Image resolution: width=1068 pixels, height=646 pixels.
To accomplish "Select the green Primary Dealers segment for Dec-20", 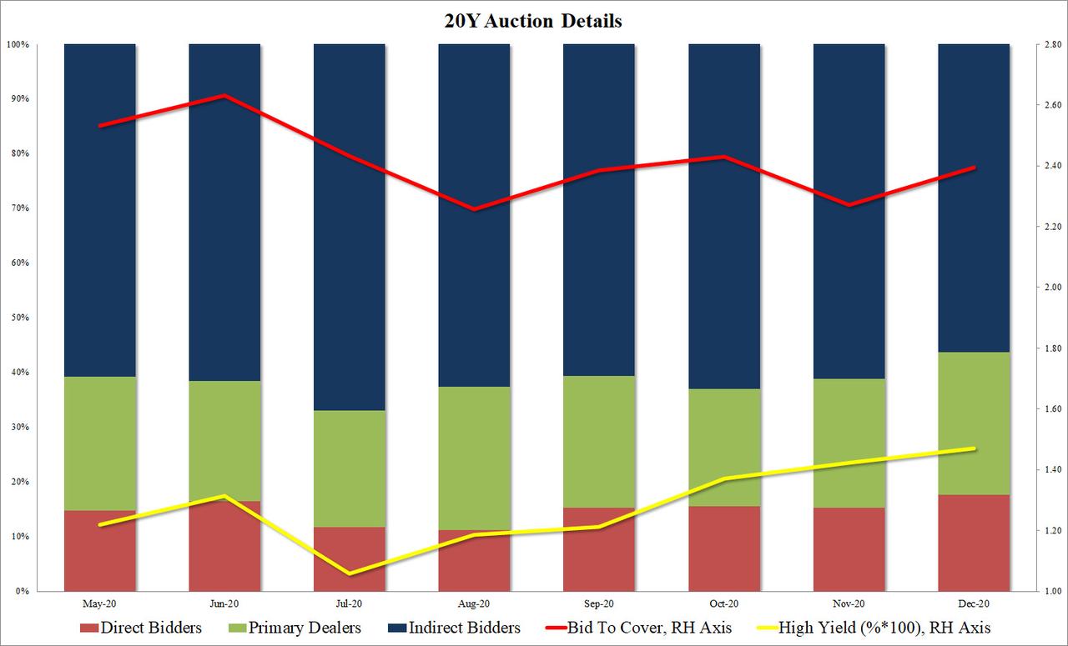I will tap(974, 423).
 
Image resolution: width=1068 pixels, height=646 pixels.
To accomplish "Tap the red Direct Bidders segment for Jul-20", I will tap(349, 558).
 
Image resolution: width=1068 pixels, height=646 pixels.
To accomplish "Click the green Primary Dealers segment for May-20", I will tap(99, 443).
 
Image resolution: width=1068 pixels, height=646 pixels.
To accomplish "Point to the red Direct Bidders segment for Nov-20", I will tap(849, 548).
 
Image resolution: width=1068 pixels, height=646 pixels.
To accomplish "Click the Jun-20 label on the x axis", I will tap(224, 603).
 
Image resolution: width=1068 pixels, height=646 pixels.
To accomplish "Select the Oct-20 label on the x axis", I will tap(723, 603).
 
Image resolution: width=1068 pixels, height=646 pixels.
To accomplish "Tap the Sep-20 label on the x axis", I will tap(599, 603).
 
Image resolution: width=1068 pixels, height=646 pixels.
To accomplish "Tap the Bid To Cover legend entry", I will tap(642, 628).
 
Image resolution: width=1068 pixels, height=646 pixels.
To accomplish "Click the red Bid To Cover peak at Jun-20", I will tap(224, 96).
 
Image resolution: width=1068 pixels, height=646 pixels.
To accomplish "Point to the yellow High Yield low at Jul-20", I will tap(349, 573).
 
